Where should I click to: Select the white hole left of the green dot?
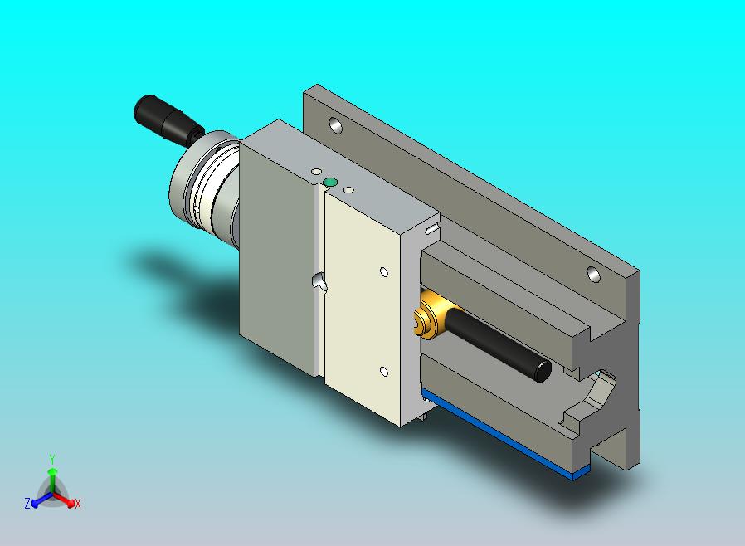[x=316, y=171]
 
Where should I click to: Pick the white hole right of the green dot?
[x=348, y=190]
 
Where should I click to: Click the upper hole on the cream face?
[x=384, y=272]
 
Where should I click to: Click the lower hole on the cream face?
[x=384, y=372]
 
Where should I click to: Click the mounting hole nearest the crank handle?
[x=335, y=125]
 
